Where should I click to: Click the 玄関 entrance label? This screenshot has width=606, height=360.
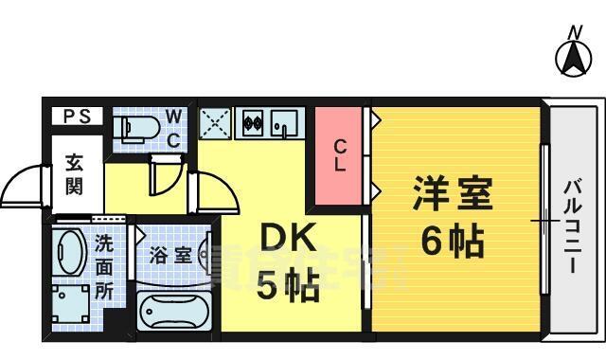(74, 174)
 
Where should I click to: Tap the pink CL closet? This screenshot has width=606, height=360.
(339, 155)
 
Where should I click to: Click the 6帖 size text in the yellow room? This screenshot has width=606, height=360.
(452, 243)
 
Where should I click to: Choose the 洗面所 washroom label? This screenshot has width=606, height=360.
(103, 266)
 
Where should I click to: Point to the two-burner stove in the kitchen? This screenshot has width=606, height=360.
(252, 123)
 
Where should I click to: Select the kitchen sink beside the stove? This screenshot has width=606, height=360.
(281, 123)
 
